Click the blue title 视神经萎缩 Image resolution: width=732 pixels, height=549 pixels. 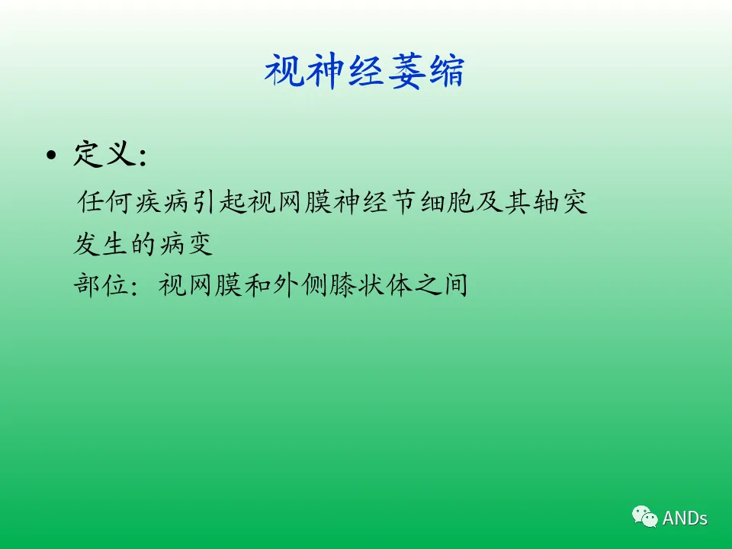tap(364, 71)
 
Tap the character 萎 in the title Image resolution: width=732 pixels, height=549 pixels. tap(406, 71)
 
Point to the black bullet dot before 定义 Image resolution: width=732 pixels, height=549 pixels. tap(51, 155)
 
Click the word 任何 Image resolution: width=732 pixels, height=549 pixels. tap(104, 202)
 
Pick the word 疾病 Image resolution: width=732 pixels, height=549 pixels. tap(162, 202)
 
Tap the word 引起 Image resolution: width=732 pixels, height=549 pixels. tap(219, 202)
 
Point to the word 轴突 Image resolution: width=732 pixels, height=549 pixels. tap(560, 202)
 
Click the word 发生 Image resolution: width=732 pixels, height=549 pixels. tap(101, 244)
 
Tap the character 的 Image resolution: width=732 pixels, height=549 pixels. tap(143, 244)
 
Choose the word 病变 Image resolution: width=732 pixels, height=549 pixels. tap(186, 244)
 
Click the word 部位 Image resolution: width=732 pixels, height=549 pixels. tap(101, 284)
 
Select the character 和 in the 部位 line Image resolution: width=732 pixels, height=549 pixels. tap(257, 284)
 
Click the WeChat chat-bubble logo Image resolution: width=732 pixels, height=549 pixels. tap(645, 516)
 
